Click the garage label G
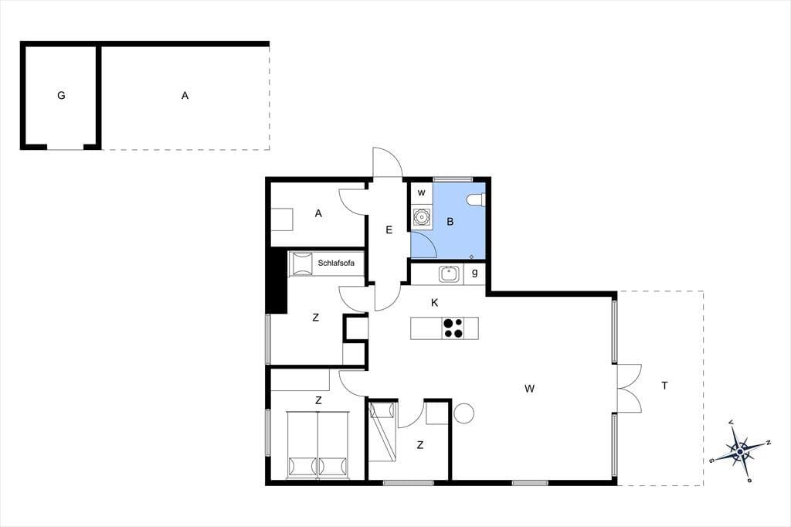[x=61, y=95]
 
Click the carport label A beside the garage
[x=185, y=95]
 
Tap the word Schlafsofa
[x=336, y=263]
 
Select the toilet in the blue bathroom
[x=476, y=200]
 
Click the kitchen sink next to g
[x=449, y=274]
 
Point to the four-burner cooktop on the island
[x=453, y=328]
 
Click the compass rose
[x=739, y=450]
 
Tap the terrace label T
[x=665, y=386]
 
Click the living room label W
[x=529, y=389]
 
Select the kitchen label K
[x=435, y=303]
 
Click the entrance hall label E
[x=389, y=230]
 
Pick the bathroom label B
[x=450, y=222]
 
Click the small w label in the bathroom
[x=422, y=193]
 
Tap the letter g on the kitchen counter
[x=475, y=273]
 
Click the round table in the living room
[x=463, y=413]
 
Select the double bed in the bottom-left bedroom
[x=317, y=445]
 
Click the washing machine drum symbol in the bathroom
[x=421, y=217]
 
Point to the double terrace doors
[x=629, y=388]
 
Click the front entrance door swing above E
[x=388, y=162]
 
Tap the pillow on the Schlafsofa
[x=303, y=264]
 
